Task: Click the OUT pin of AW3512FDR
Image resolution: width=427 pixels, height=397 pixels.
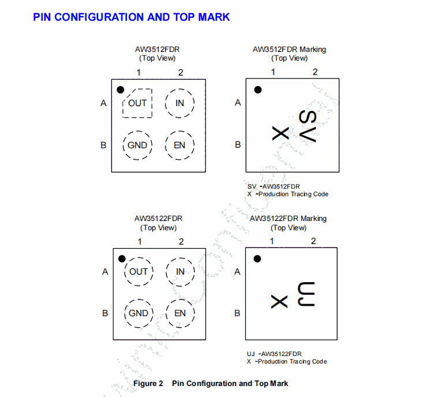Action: point(137,103)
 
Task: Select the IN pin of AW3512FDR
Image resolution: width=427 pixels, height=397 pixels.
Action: point(179,103)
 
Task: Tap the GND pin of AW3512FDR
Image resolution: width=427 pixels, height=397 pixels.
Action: point(137,145)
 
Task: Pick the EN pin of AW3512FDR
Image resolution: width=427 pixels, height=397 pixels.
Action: point(179,145)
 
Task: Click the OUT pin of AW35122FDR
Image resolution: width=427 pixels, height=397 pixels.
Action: point(138,272)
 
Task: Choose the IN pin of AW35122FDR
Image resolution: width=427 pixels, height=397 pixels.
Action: point(181,272)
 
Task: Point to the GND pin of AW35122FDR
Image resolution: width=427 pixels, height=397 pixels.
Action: point(138,313)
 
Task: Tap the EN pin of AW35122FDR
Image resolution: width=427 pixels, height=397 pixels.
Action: point(180,313)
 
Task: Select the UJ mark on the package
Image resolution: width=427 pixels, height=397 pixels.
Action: point(305,295)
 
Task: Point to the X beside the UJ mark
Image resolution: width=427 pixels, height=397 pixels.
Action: point(279,301)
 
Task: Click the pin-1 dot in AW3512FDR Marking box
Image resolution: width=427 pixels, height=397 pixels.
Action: point(258,89)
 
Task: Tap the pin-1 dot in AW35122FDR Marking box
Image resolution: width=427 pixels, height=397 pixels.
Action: point(257,259)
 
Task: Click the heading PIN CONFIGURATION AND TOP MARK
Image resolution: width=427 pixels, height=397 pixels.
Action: point(132,17)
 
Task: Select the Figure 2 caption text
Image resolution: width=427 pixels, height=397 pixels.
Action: point(211,383)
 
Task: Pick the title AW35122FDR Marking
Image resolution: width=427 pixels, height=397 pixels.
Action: point(288,219)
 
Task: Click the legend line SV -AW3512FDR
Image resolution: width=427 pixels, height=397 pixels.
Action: point(274,186)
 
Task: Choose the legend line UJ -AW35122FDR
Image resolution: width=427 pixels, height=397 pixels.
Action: point(274,354)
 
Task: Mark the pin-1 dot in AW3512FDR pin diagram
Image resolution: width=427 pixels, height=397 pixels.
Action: point(121,90)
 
